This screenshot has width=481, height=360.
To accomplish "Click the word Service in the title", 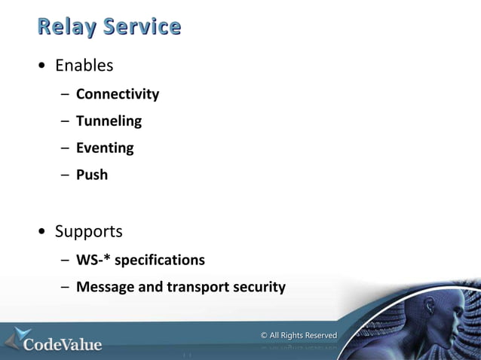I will (x=142, y=28).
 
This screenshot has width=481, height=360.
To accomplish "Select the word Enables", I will (x=84, y=66).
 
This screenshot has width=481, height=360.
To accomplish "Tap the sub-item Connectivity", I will (x=118, y=94).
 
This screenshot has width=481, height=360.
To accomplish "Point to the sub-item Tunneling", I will (x=109, y=121).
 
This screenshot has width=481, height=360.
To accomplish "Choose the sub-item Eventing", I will (x=105, y=148).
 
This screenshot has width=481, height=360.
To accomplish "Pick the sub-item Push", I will (x=92, y=175).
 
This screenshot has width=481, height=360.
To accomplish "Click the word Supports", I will (x=88, y=230).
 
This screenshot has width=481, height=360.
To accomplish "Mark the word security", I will (x=259, y=287).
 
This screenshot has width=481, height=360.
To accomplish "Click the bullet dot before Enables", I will (x=42, y=66).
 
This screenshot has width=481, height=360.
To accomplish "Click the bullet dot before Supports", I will (x=42, y=231).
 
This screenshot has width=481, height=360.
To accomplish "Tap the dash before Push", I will (x=66, y=175).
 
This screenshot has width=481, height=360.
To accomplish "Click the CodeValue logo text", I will (x=63, y=344).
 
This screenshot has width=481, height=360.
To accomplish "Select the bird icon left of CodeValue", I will (x=17, y=339).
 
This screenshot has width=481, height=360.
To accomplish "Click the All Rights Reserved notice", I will (x=299, y=335).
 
